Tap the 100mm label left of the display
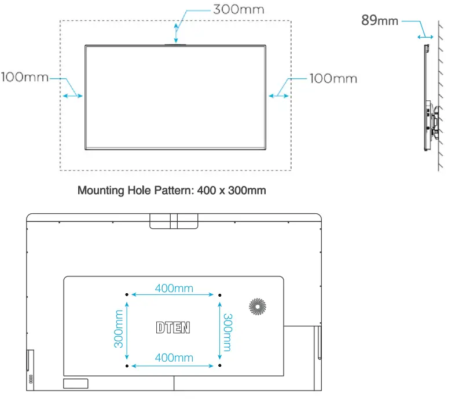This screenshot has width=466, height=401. click(x=25, y=77)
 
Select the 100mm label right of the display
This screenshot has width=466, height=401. click(x=333, y=78)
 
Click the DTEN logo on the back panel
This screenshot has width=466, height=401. click(x=173, y=327)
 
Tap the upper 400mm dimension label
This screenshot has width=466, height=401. click(x=174, y=288)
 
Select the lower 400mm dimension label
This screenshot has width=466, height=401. click(x=174, y=358)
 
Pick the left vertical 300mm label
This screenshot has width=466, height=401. click(x=119, y=329)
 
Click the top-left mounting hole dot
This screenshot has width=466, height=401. click(x=127, y=295)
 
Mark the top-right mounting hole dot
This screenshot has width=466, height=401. click(x=219, y=295)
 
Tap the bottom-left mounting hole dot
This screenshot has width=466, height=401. click(x=127, y=366)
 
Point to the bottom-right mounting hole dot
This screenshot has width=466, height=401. click(x=219, y=366)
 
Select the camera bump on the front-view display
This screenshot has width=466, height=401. click(x=176, y=43)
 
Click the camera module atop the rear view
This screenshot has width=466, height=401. click(x=174, y=221)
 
